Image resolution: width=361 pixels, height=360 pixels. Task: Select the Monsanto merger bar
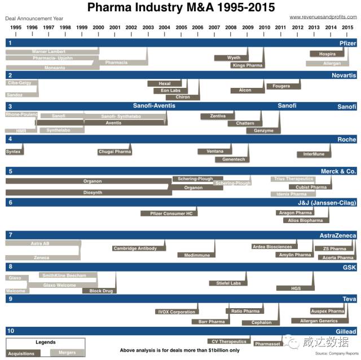[52, 68]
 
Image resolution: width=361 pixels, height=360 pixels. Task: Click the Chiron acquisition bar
[182, 97]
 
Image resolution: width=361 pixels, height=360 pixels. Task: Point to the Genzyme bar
[263, 131]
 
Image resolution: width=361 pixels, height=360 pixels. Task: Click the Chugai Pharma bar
[115, 152]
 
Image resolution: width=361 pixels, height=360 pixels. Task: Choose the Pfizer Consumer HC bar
[169, 214]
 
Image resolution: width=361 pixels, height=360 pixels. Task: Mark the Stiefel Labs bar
[228, 283]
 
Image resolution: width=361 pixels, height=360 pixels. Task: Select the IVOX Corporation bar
[176, 312]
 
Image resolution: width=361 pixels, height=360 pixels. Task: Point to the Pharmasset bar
[267, 344]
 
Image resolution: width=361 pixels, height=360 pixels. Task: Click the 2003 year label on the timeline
[148, 27]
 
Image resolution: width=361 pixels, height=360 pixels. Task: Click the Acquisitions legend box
[21, 353]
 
